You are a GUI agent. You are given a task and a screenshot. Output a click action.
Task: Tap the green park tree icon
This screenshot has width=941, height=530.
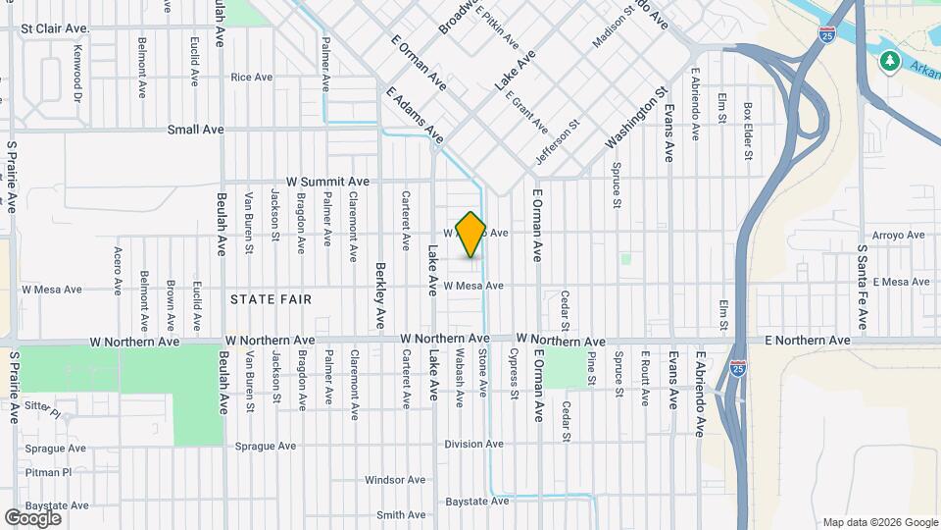click(x=890, y=62)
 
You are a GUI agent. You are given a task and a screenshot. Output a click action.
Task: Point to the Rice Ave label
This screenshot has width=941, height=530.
click(x=251, y=78)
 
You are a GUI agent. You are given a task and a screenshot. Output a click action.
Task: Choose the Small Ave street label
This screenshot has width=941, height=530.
click(x=196, y=130)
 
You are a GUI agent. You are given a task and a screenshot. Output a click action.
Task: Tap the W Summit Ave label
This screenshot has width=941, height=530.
click(x=327, y=182)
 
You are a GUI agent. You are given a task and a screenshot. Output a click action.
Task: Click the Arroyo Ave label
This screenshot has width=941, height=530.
click(x=898, y=236)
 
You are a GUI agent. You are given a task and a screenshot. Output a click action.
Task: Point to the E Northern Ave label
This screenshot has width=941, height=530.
click(x=808, y=341)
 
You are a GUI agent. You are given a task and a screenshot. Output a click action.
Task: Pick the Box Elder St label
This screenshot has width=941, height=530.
click(x=748, y=132)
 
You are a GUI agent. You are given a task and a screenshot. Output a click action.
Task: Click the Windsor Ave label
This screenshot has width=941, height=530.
click(x=395, y=480)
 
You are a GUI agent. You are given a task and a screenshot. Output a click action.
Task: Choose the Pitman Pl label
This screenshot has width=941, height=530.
click(x=49, y=472)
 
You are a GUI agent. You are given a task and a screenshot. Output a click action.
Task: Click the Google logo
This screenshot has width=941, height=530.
click(x=32, y=517)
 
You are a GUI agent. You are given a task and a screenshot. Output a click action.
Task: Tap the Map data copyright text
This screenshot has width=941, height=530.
click(x=880, y=522)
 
